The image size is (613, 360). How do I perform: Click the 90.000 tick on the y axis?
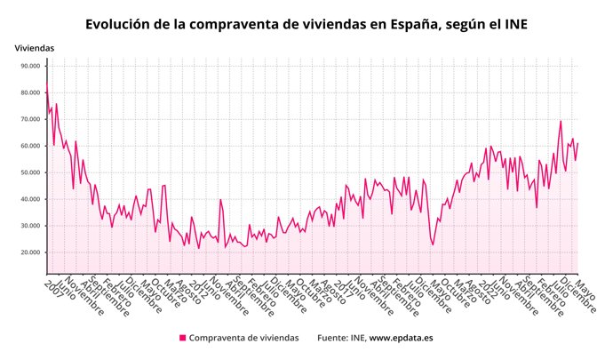pos(28,66)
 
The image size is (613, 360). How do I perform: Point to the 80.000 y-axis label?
pos(28,92)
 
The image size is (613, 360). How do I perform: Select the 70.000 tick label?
pos(28,119)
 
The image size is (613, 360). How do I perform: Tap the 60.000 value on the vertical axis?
pos(28,146)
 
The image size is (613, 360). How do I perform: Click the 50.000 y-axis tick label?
pos(28,172)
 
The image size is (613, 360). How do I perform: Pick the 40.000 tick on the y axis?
pos(28,199)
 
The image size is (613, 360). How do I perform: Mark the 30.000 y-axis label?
pos(28,226)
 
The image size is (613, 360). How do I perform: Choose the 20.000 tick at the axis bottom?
pos(28,252)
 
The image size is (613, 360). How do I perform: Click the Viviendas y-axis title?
pos(35,47)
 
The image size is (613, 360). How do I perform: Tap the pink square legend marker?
pos(183,338)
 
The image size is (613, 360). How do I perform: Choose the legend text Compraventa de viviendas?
pos(244,338)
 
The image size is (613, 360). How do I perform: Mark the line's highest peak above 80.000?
pos(46,84)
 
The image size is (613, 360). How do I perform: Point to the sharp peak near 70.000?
pos(561,121)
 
